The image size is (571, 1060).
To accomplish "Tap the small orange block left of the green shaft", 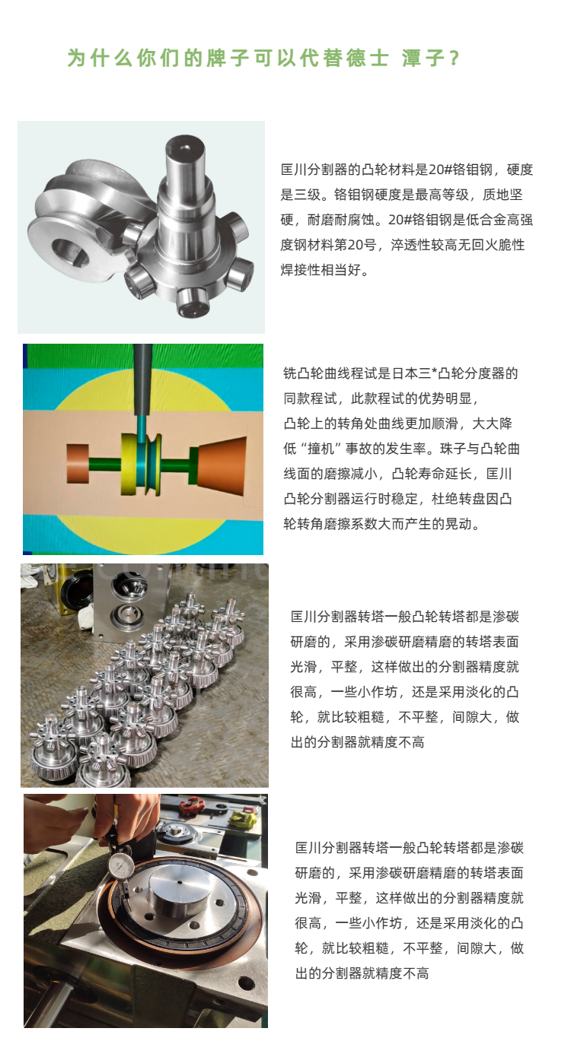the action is [78, 463].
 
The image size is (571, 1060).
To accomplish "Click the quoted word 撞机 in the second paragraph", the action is [321, 448].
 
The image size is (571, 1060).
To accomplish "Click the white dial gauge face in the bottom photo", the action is [120, 866].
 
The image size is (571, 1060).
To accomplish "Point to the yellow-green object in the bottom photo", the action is [243, 816].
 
